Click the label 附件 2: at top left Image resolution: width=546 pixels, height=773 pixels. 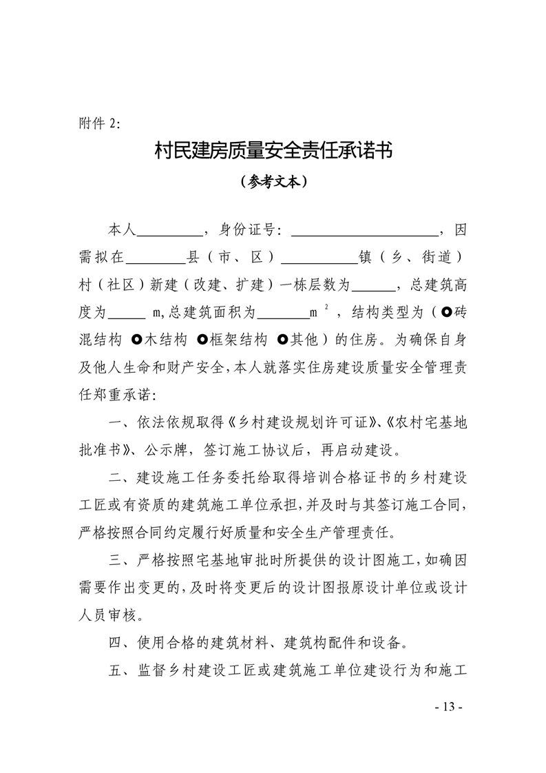[99, 123]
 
